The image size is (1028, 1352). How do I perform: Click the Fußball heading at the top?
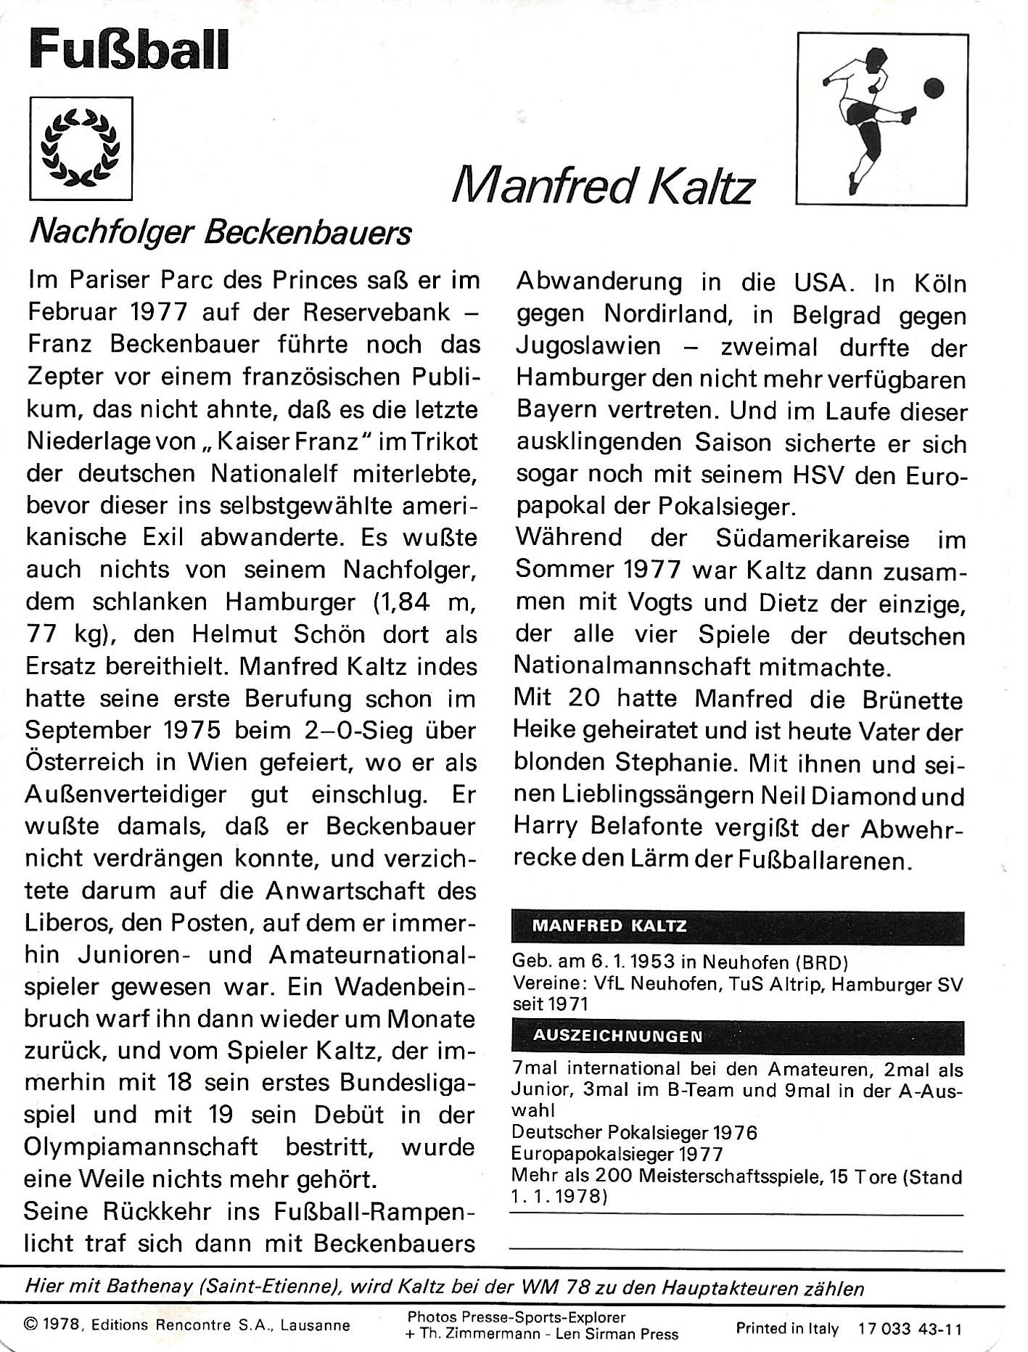[128, 51]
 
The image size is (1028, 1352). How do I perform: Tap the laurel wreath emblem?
[81, 148]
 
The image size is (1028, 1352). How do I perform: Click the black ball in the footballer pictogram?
[933, 89]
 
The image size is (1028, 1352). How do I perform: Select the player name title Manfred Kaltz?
[603, 186]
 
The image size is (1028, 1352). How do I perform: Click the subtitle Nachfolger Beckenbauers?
[220, 233]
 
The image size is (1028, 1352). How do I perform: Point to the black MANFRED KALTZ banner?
[737, 926]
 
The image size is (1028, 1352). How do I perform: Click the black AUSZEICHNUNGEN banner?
[737, 1036]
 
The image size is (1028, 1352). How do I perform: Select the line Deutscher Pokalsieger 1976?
[634, 1132]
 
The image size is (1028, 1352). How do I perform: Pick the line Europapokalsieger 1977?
[617, 1154]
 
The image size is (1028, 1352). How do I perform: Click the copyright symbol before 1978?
[30, 1324]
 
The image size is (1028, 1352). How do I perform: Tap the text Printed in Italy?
[787, 1329]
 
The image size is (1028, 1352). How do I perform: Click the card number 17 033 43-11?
[910, 1329]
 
